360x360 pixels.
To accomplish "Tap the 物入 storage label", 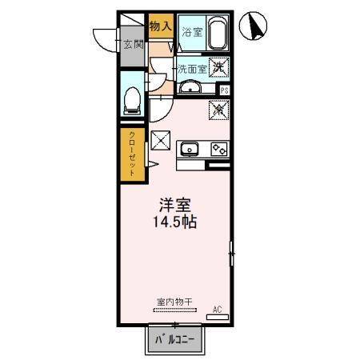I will [x=161, y=26].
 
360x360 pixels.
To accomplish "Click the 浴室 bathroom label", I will [x=190, y=33].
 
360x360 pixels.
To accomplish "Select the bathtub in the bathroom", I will [x=217, y=33].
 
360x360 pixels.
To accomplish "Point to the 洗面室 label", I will [x=192, y=69].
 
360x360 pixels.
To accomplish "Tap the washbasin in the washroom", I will [x=190, y=86].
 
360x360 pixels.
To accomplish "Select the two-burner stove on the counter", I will [x=218, y=148].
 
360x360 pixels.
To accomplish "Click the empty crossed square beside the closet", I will [x=161, y=141].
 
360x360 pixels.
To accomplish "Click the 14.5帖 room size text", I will [x=172, y=223].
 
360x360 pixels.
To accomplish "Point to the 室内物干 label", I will [x=170, y=302].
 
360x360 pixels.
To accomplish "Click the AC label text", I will [x=216, y=308].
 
